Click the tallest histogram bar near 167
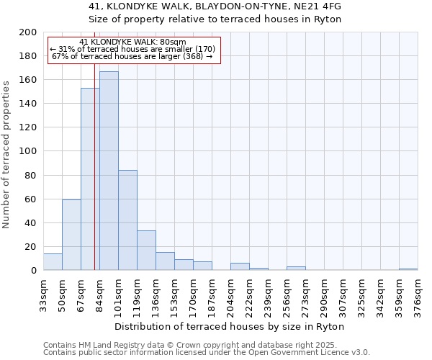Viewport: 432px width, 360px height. pos(109,171)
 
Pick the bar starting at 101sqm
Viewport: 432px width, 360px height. pos(127,220)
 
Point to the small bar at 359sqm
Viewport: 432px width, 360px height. pos(408,269)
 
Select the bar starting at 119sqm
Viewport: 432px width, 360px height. pos(146,251)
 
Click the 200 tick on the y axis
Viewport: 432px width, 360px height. pos(28,32)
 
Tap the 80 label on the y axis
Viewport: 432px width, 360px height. pos(31,175)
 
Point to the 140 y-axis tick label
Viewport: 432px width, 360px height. pos(28,104)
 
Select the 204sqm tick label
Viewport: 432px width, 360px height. pos(230,295)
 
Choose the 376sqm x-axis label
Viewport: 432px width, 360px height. pos(418,295)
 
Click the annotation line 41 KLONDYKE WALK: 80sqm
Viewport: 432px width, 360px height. pos(132,42)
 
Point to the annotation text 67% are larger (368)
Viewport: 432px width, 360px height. pos(132,56)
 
